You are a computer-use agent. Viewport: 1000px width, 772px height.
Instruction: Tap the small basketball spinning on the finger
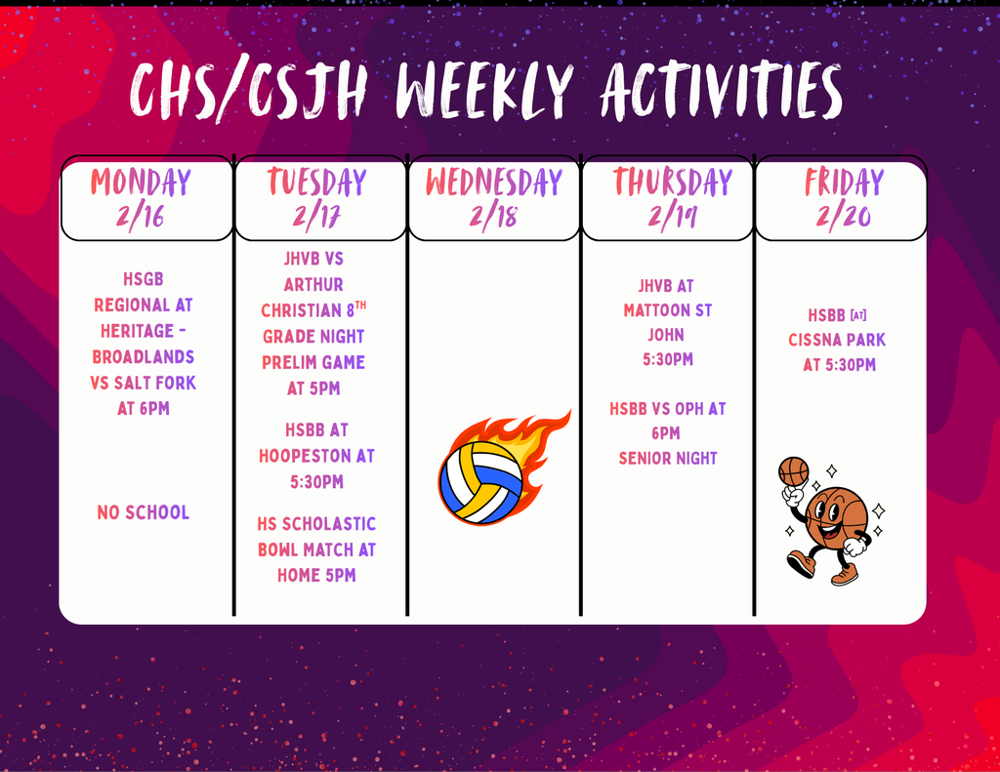coord(793,471)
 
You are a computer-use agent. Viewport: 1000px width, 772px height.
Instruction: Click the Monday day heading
coord(141,183)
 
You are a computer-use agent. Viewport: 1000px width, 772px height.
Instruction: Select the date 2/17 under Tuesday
coord(316,217)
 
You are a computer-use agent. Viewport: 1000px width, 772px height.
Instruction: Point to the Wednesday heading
coord(493,183)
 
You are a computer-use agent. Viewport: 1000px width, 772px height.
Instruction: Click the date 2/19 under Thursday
coord(672,217)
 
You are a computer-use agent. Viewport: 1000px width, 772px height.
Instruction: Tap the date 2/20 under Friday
coord(843,217)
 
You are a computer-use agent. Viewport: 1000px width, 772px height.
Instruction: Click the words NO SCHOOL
coord(143,512)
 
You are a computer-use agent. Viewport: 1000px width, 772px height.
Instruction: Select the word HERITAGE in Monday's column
coord(137,331)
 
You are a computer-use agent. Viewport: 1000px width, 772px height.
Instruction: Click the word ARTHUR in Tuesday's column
coord(313,284)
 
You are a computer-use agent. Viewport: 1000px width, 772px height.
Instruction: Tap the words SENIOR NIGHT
coord(668,459)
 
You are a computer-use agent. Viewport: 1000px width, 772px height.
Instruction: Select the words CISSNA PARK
coord(837,340)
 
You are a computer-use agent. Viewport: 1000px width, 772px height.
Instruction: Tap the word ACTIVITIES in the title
coord(721,91)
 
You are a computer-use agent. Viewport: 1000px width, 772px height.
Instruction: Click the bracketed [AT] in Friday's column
coord(858,315)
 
